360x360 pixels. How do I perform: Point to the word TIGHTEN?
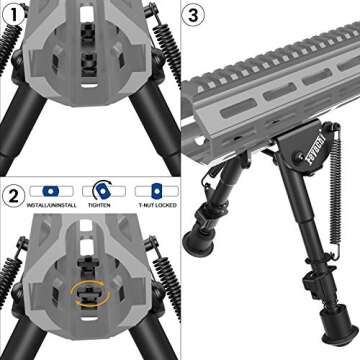[x=100, y=204]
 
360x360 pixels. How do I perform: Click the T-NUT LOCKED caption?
[x=149, y=204]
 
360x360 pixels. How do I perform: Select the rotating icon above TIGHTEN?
[x=100, y=188]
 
